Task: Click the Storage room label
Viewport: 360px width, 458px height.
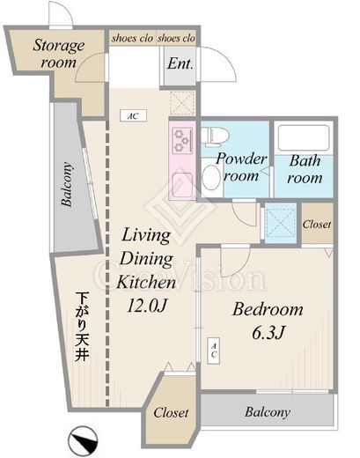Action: (x=59, y=54)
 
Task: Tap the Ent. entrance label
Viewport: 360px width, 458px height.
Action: (x=180, y=63)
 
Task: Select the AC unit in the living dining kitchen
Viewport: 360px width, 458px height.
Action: (x=133, y=115)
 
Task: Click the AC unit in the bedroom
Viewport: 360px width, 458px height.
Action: (x=213, y=351)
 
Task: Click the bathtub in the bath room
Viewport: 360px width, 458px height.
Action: (x=304, y=138)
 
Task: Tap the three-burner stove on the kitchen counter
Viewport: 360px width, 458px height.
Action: (x=181, y=140)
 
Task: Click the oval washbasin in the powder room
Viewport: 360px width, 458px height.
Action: (x=211, y=177)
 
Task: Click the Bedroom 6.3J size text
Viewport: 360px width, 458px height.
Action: (x=268, y=333)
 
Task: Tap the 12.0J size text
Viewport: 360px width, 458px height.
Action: (x=147, y=306)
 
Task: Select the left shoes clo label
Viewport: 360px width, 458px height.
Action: (x=132, y=38)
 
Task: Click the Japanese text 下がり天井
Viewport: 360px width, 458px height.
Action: (x=82, y=326)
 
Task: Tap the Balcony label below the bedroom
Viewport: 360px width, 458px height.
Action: (x=268, y=412)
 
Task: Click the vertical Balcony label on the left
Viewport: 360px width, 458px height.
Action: (x=66, y=185)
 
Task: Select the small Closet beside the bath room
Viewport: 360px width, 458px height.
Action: (x=317, y=225)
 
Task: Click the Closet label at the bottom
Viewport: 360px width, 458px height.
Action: (x=171, y=412)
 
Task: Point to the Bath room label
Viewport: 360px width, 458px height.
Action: (x=305, y=169)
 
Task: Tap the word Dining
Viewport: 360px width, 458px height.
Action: (x=146, y=259)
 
